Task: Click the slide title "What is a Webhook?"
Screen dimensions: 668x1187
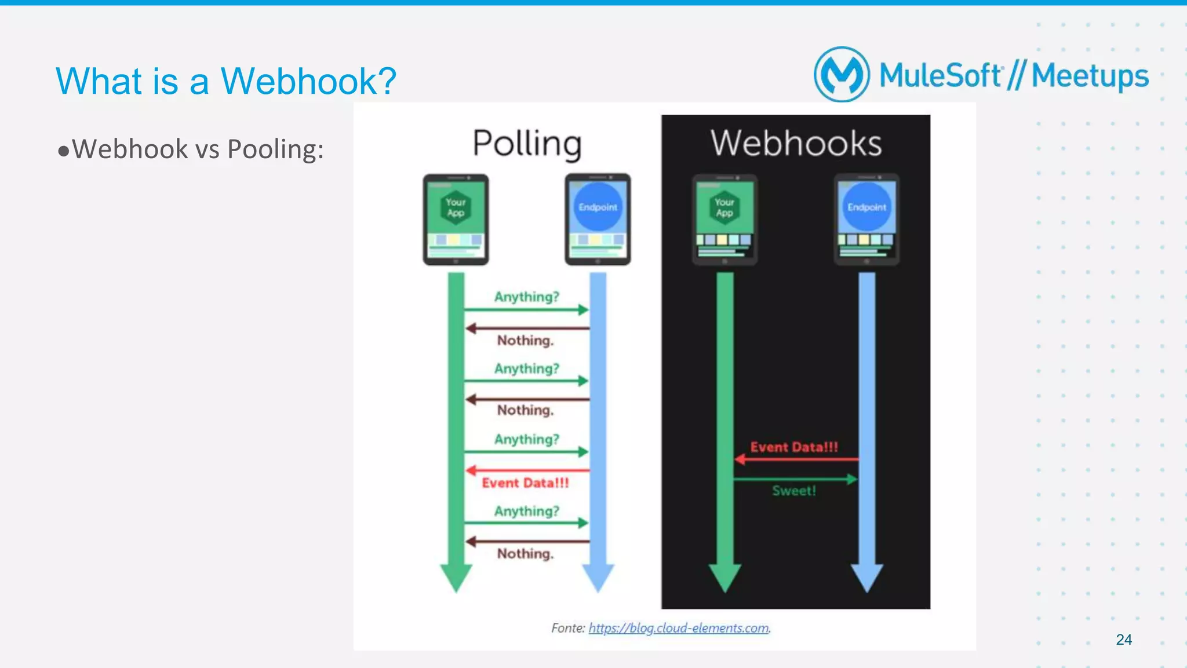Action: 225,81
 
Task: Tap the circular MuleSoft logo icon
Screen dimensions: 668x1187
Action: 842,75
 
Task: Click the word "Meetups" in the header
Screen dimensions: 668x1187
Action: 1090,76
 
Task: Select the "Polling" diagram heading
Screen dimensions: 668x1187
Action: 527,143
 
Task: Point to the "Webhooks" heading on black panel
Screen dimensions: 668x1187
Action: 796,143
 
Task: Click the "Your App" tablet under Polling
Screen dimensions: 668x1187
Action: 456,220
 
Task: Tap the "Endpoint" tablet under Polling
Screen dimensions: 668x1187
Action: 598,220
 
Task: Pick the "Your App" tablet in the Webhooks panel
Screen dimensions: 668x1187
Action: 724,220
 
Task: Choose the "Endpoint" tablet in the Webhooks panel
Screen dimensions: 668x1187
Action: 866,220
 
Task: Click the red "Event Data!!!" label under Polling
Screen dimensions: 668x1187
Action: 525,483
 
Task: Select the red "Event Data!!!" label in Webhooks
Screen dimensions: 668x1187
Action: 794,447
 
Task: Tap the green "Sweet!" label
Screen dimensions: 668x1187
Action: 794,491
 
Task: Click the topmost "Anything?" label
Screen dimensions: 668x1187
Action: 526,297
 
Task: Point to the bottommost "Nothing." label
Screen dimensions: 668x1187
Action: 525,554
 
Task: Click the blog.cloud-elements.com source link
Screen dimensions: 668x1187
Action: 679,628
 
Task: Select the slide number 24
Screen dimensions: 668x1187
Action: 1123,640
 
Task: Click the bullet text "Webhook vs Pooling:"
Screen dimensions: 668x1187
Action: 197,149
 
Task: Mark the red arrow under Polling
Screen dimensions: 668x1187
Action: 527,470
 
